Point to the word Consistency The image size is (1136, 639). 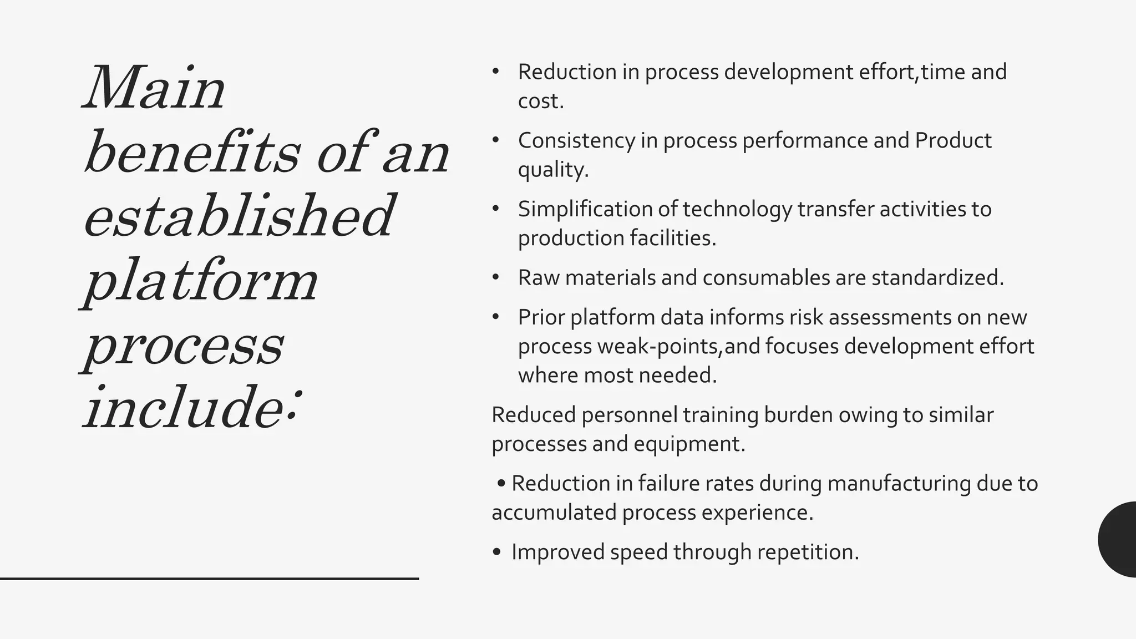coord(576,141)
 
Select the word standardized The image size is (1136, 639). coord(937,278)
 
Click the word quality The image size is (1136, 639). coord(553,170)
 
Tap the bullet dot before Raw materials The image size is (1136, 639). coord(495,277)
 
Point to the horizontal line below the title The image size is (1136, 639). coord(209,579)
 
